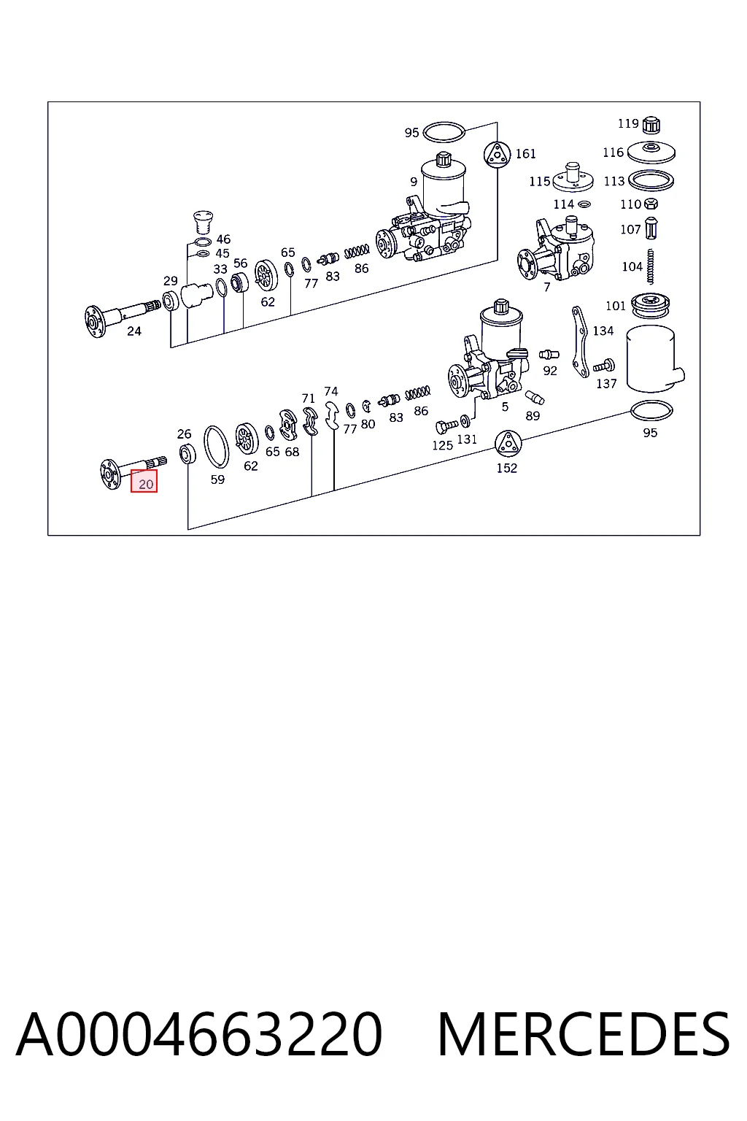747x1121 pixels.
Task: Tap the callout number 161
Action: pyautogui.click(x=526, y=154)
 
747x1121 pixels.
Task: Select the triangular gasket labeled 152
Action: pyautogui.click(x=508, y=444)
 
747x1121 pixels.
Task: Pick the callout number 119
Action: pyautogui.click(x=628, y=123)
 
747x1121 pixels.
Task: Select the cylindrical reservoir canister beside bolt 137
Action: pyautogui.click(x=654, y=359)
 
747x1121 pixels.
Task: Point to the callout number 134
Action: pyautogui.click(x=603, y=331)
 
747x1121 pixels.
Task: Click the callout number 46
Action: pyautogui.click(x=223, y=239)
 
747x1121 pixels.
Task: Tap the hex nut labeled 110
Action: pyautogui.click(x=651, y=204)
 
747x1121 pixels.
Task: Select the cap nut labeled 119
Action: pyautogui.click(x=651, y=125)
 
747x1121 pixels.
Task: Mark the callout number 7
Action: pyautogui.click(x=547, y=287)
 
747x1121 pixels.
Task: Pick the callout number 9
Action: pyautogui.click(x=414, y=182)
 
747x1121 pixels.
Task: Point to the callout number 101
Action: pyautogui.click(x=616, y=306)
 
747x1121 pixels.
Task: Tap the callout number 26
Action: pyautogui.click(x=184, y=434)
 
